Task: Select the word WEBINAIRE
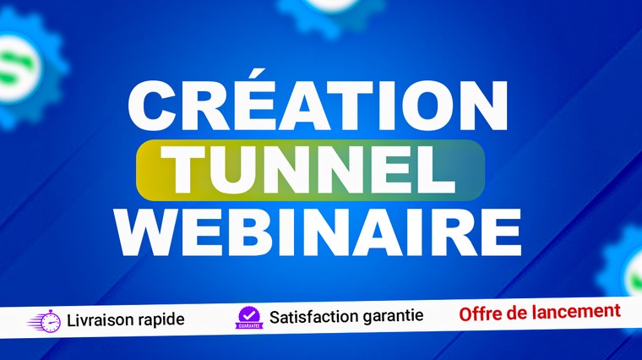pyautogui.click(x=318, y=232)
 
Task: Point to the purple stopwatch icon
pyautogui.click(x=45, y=321)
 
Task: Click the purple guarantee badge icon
pyautogui.click(x=249, y=319)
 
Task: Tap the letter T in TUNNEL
pyautogui.click(x=182, y=170)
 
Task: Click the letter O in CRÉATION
pyautogui.click(x=426, y=106)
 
